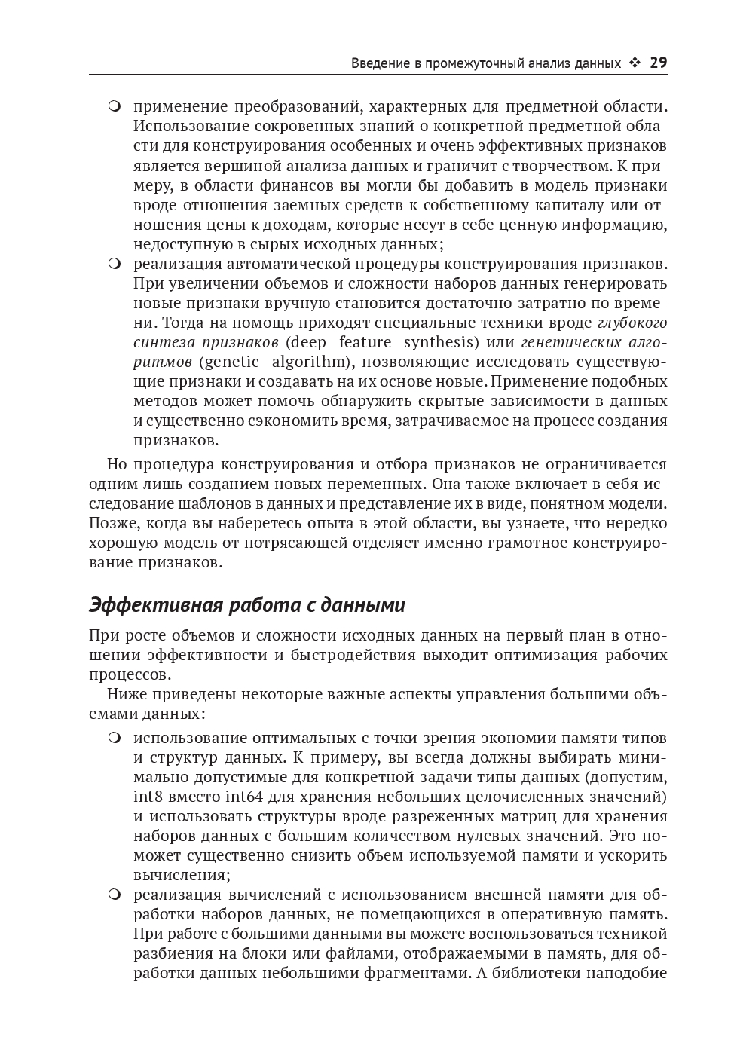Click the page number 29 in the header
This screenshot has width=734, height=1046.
tap(658, 63)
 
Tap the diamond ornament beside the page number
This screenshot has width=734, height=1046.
tap(635, 63)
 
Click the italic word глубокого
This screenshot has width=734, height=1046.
tap(632, 323)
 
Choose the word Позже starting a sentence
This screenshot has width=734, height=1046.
tap(110, 523)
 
